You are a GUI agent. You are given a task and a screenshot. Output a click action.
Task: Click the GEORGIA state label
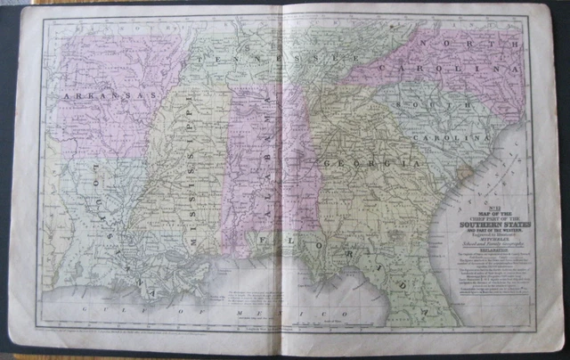point(370,165)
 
